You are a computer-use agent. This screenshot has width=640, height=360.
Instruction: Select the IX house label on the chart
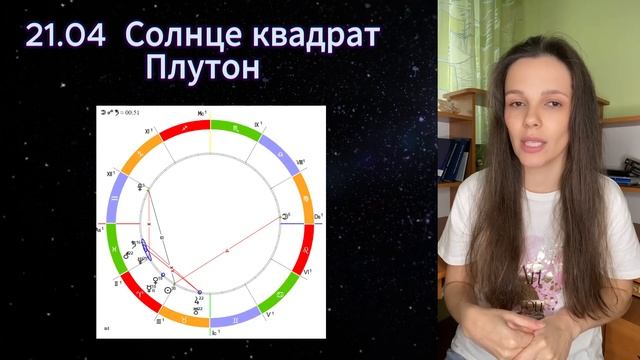261,125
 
